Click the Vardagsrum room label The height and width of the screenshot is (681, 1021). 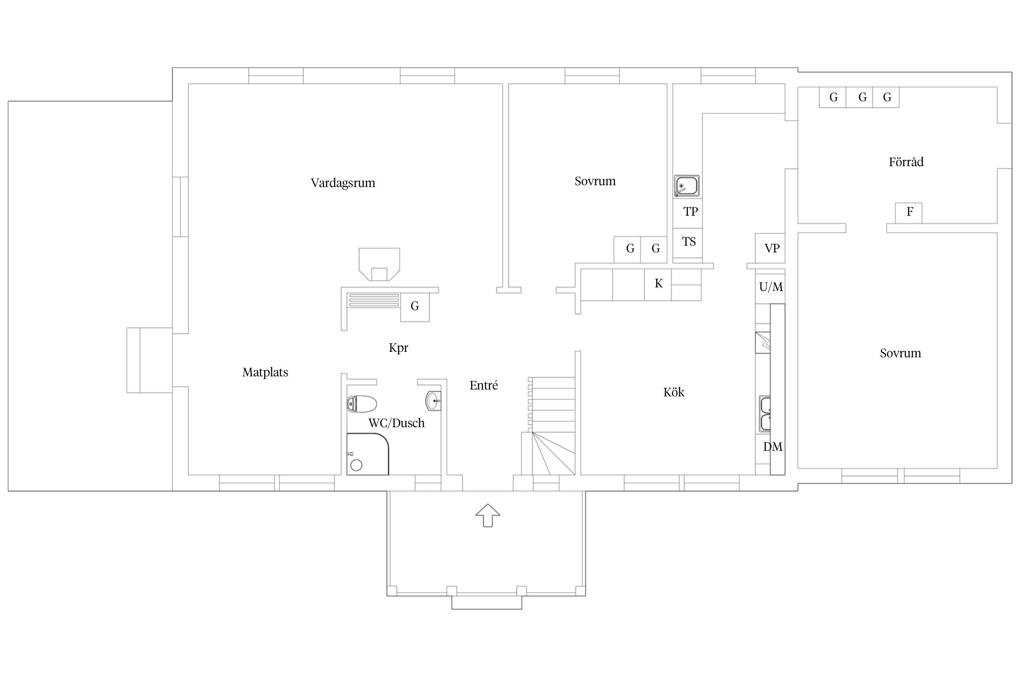(x=343, y=183)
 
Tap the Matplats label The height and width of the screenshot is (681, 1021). (x=265, y=373)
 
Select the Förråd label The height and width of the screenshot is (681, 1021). (x=906, y=162)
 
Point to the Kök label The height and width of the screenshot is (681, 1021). (x=674, y=392)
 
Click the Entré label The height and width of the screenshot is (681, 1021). (x=484, y=385)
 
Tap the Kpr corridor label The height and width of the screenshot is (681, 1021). (x=398, y=348)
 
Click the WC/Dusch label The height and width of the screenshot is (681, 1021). (x=397, y=423)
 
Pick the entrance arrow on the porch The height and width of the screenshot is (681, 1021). (x=488, y=515)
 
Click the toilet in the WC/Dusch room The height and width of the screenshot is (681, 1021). (x=362, y=403)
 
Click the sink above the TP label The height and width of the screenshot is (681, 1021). (x=687, y=186)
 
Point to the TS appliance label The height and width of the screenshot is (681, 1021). (x=689, y=242)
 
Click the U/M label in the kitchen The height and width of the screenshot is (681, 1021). (x=771, y=287)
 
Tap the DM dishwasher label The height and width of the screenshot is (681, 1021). (x=773, y=447)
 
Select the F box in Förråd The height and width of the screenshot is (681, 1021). (x=909, y=212)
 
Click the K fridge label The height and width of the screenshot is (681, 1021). (x=658, y=284)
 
